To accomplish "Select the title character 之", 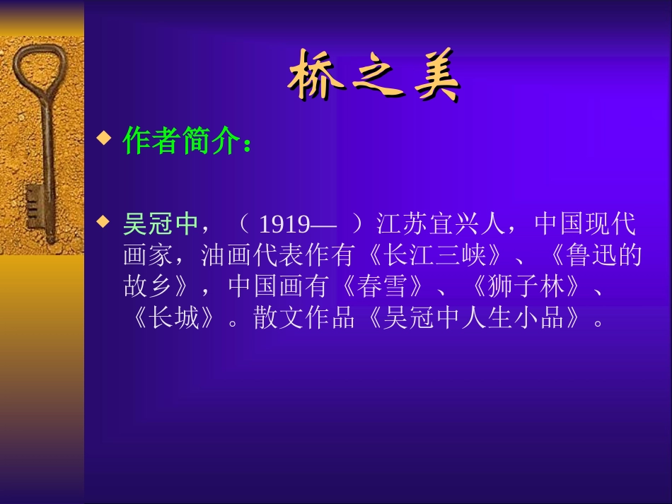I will pyautogui.click(x=376, y=76).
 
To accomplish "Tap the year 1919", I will pyautogui.click(x=284, y=225).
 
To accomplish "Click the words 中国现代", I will pyautogui.click(x=585, y=225).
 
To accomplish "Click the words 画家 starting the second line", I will pyautogui.click(x=148, y=255).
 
